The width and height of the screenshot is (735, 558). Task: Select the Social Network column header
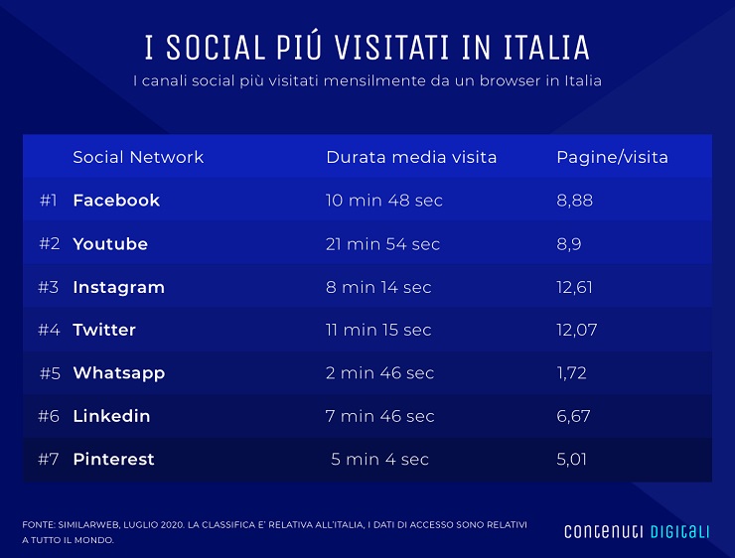(x=138, y=157)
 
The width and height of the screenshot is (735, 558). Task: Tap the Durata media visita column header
(x=411, y=157)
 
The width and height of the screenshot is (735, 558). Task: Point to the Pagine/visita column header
(x=612, y=157)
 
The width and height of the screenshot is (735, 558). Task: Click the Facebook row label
(x=116, y=201)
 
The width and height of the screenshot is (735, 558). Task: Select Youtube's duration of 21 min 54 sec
(x=382, y=244)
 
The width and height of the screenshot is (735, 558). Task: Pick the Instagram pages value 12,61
(x=576, y=287)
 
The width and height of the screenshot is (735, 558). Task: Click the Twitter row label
(x=104, y=330)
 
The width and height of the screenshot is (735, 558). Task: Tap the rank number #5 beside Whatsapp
(x=51, y=373)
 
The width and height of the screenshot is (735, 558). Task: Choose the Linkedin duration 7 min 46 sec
(x=379, y=416)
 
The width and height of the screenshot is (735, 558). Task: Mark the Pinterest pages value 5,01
(x=573, y=460)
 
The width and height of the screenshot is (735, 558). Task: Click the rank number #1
(x=49, y=201)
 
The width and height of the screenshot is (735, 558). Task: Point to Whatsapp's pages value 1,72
(x=571, y=373)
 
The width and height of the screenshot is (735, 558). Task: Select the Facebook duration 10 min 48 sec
(x=383, y=201)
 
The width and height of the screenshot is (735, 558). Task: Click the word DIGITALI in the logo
(x=680, y=531)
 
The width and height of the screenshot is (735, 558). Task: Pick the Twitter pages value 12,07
(x=577, y=330)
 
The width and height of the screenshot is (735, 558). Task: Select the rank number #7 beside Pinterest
(x=50, y=460)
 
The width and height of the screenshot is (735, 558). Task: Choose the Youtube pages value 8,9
(x=570, y=244)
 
